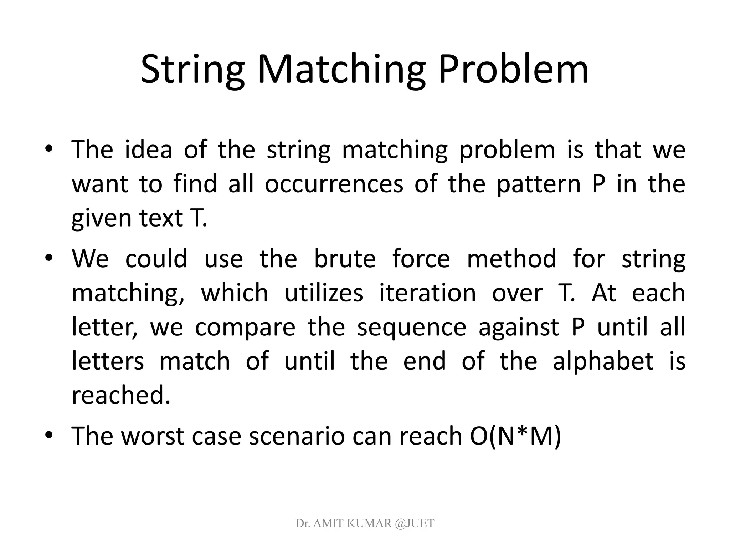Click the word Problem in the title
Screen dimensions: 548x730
point(513,70)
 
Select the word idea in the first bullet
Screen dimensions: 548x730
point(149,149)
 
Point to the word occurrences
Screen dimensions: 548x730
point(334,184)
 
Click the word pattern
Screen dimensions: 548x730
point(539,184)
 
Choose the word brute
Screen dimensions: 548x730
point(345,259)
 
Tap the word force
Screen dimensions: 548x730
point(421,259)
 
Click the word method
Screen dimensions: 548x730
point(511,259)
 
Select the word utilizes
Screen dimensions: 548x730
point(324,293)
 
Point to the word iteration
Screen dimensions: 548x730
point(427,293)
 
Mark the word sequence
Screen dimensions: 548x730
point(412,328)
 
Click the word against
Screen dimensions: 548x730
point(519,328)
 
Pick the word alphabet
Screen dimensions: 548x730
point(603,361)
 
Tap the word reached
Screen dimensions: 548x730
point(121,396)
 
